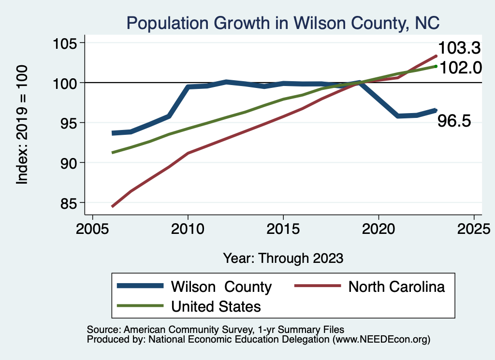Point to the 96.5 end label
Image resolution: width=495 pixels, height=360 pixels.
(x=454, y=121)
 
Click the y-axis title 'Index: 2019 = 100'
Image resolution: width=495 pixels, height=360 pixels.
(x=22, y=124)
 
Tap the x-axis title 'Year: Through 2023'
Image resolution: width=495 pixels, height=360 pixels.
(x=283, y=258)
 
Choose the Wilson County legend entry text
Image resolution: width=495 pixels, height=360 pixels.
(x=221, y=287)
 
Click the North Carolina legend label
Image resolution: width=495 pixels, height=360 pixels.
(x=396, y=287)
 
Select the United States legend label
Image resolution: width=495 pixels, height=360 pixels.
(x=216, y=306)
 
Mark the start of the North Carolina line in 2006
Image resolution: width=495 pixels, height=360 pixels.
(x=113, y=206)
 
